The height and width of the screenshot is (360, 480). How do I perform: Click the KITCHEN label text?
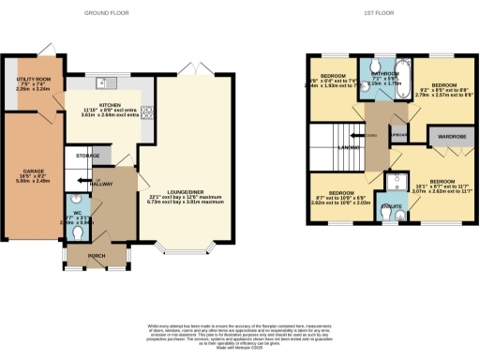click(x=112, y=107)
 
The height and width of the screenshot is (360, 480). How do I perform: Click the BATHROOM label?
click(x=384, y=73)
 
